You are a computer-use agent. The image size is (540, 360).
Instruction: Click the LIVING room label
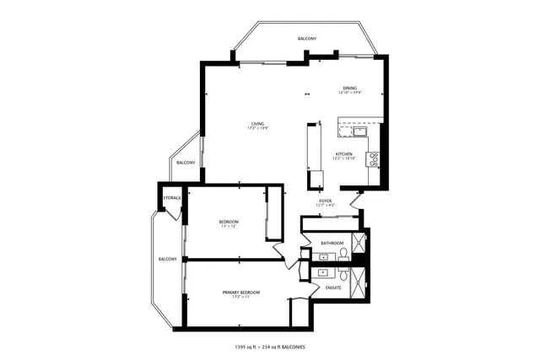257,123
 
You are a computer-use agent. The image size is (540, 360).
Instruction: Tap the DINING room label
349,88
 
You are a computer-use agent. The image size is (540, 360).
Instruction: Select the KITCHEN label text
343,154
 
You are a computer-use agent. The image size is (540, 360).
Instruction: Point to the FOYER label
325,201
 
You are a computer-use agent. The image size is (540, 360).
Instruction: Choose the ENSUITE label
333,287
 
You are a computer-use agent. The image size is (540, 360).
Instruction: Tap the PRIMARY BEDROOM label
241,292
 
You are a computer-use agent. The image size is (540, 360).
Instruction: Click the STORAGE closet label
172,197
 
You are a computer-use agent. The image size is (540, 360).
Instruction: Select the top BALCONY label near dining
307,40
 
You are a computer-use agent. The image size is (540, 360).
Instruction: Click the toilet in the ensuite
344,276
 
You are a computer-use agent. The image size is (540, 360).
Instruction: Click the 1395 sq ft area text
248,347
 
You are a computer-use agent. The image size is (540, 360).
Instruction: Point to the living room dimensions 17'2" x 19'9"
257,128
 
